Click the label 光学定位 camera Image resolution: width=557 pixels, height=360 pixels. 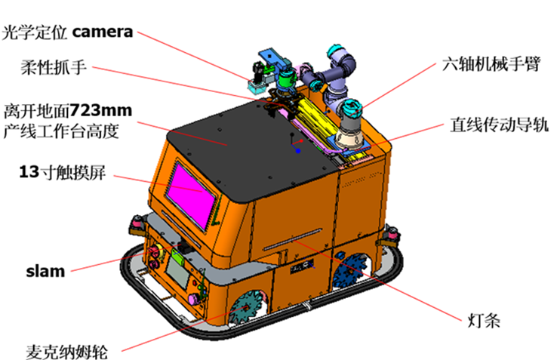(67, 32)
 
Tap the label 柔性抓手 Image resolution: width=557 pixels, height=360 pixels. (54, 67)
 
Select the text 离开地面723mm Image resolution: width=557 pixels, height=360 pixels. (68, 110)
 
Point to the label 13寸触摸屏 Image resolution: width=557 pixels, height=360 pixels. (62, 172)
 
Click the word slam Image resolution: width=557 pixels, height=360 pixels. (45, 271)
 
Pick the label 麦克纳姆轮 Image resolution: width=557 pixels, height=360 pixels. (66, 352)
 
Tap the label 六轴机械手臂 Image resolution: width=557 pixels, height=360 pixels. (491, 64)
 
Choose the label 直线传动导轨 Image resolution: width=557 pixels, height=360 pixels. (499, 125)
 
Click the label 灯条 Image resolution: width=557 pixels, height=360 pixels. (484, 321)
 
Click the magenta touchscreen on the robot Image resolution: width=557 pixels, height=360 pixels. (192, 195)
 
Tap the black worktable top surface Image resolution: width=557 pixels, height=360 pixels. (248, 149)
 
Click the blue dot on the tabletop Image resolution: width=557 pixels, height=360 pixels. (298, 151)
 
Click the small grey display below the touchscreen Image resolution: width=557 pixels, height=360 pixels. (178, 272)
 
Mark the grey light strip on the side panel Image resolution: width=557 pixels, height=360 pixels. (292, 239)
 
